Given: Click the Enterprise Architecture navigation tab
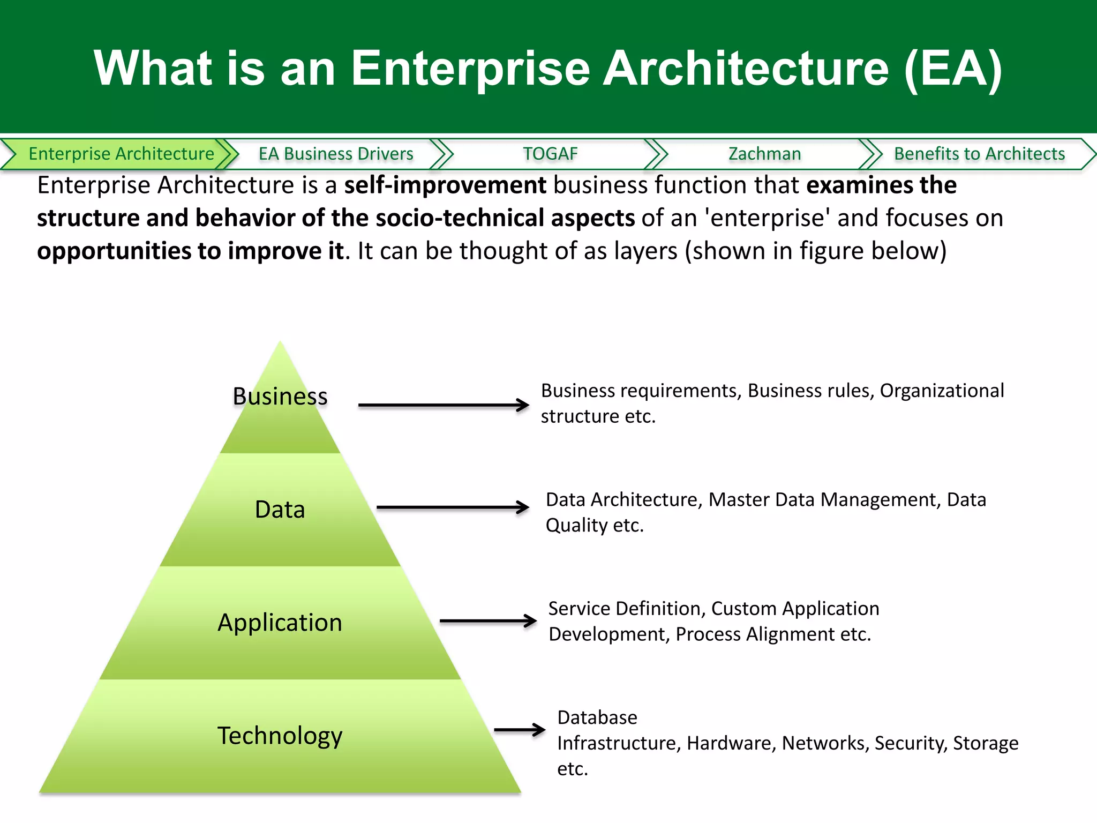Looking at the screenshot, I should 121,154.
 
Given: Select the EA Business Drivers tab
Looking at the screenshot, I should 336,154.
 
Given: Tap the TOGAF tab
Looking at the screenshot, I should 550,154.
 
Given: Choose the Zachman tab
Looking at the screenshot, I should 764,154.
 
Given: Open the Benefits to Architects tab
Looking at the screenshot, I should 979,154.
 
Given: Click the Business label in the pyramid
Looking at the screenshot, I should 280,396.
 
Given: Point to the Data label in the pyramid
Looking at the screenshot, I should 280,510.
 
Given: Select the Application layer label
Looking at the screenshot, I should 280,623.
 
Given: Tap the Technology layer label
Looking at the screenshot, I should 280,736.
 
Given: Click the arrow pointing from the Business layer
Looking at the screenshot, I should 444,405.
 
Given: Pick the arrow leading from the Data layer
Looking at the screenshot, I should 453,507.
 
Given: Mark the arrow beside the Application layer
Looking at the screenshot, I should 488,621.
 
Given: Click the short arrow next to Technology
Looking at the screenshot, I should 519,729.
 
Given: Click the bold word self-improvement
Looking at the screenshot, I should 445,185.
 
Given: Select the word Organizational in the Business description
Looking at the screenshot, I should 942,391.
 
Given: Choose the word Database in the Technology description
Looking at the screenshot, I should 597,717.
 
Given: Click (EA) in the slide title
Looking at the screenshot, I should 952,68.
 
